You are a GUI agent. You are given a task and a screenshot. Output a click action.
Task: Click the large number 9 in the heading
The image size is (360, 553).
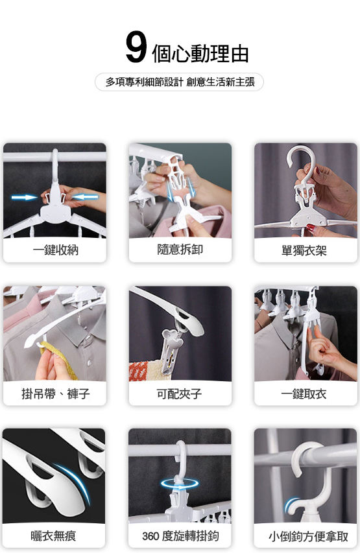[136, 47]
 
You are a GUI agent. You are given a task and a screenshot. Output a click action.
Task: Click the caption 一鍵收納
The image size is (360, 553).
[55, 250]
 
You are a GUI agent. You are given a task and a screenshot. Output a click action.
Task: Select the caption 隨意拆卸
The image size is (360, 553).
[180, 250]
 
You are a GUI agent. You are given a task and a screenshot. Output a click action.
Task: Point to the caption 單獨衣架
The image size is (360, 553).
[304, 251]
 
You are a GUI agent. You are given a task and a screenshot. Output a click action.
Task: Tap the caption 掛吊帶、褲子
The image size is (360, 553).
[56, 394]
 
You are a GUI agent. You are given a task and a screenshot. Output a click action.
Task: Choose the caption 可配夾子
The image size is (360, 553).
[179, 394]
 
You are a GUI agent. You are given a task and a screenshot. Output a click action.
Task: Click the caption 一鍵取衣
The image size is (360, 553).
[304, 394]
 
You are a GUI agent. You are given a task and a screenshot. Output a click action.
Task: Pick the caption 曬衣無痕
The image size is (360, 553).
[53, 536]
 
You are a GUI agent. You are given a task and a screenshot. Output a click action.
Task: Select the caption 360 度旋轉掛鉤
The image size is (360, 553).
[180, 536]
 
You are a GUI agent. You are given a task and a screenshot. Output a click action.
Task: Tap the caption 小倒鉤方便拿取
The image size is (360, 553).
[309, 536]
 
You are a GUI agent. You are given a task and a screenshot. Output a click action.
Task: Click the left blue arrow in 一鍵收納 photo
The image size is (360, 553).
[25, 197]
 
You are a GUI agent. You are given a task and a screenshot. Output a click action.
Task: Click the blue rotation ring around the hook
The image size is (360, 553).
[180, 484]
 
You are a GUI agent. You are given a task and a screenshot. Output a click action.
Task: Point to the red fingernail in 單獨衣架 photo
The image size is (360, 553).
[310, 228]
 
